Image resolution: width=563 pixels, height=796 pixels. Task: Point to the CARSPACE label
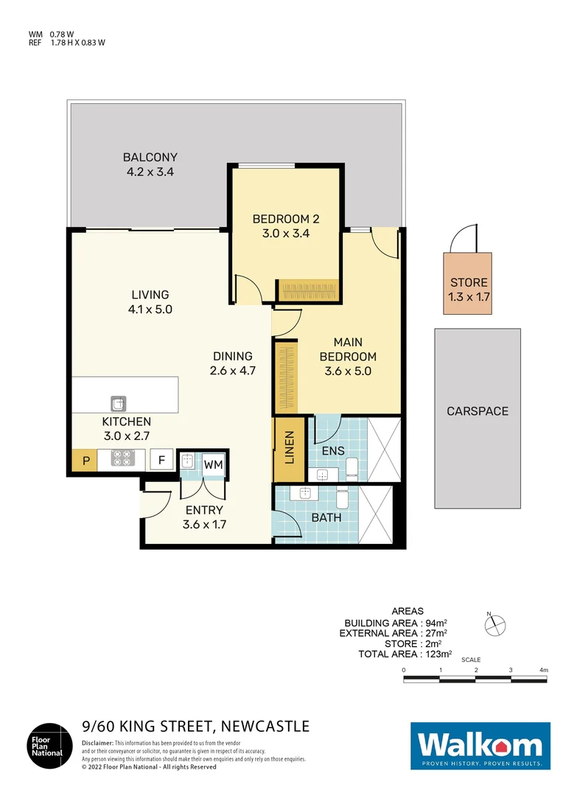[x=478, y=411]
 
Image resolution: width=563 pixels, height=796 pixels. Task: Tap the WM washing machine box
[x=213, y=464]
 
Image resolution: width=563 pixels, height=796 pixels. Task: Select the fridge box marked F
[x=162, y=460]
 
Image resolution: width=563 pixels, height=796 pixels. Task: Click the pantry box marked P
[x=85, y=460]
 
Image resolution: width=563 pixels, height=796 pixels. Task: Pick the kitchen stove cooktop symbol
[x=121, y=460]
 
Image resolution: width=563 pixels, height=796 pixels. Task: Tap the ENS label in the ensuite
[x=334, y=451]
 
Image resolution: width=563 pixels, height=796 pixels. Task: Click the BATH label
[x=326, y=517]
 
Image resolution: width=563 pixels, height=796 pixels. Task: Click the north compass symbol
[x=495, y=625]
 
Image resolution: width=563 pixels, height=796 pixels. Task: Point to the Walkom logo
[x=480, y=746]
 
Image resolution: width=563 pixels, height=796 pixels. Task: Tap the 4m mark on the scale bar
[x=544, y=669]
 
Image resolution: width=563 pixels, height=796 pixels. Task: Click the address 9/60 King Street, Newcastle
[x=195, y=727]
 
